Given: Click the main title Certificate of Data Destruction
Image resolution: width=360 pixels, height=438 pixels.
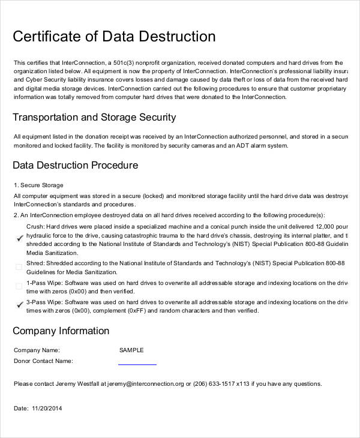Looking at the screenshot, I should coord(114,37).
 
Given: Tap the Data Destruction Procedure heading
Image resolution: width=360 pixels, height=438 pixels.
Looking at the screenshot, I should coord(75,165).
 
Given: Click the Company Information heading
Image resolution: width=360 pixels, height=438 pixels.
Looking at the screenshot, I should coord(61,331).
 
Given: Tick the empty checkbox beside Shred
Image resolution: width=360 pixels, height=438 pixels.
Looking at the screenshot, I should coord(18,268).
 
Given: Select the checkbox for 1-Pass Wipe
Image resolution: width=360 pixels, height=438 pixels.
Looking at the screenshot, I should coord(18,286).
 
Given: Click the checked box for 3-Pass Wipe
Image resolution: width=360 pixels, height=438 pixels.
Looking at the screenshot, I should coord(18,305).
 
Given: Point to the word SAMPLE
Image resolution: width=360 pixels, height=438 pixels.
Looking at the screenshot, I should coord(131,350).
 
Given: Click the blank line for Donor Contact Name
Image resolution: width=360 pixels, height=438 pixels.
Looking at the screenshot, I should coord(137,363).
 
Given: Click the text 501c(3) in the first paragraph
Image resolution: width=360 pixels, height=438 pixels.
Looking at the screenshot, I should coord(122,62).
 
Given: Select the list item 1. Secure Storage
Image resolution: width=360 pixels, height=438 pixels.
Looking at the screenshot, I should coord(38,185).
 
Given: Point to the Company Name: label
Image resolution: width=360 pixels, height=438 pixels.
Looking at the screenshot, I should coord(37,350).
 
